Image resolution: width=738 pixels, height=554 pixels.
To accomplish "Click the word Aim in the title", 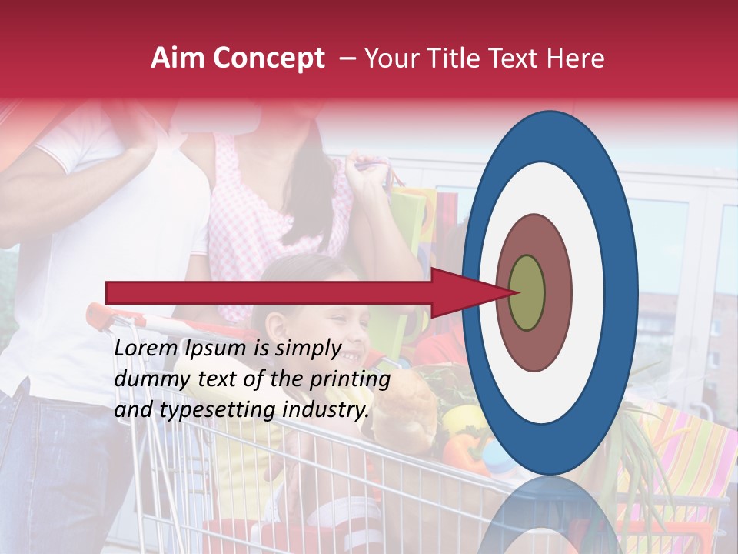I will pyautogui.click(x=178, y=58).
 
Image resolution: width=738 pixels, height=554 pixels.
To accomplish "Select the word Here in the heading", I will pyautogui.click(x=577, y=58).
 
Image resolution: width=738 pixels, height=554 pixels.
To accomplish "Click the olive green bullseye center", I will pyautogui.click(x=527, y=292).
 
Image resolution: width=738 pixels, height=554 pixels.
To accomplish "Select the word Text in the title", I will pyautogui.click(x=517, y=58).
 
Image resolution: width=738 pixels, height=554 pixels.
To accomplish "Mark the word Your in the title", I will pyautogui.click(x=391, y=58).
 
